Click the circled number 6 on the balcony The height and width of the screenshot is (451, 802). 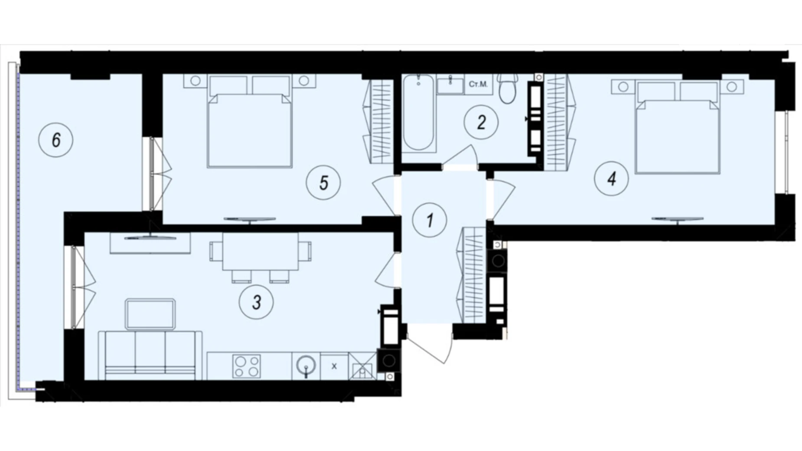pos(56,140)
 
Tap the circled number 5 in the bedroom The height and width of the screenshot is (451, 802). pos(323,183)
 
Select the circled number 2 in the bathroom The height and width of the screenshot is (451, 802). pos(481,122)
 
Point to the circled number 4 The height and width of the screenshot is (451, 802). pos(611,178)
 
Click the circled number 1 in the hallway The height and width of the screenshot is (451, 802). pos(429,220)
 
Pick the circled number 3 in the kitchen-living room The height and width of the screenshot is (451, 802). pos(256,302)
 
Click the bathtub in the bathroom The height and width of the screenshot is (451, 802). pos(418,113)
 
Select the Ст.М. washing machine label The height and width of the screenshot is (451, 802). pos(478,84)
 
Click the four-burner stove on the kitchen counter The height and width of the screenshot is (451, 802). pos(246,366)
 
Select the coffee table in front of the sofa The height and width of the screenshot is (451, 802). pos(150,314)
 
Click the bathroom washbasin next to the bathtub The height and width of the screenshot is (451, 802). pos(450,84)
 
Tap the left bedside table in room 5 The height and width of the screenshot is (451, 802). pos(195,81)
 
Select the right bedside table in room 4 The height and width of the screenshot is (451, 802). pos(732,87)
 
